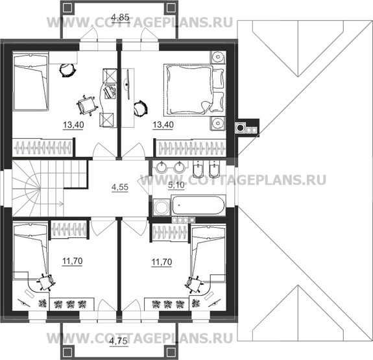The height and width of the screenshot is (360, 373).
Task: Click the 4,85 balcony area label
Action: point(121,17)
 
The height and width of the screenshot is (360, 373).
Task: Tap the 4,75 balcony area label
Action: point(119,342)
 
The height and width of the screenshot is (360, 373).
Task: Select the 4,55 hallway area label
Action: point(120,187)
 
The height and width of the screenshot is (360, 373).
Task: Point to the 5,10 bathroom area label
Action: point(176,185)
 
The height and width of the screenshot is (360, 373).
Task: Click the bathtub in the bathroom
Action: point(198,205)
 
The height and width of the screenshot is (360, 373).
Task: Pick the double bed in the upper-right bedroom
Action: point(194,90)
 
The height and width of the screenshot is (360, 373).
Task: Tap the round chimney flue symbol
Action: point(240,127)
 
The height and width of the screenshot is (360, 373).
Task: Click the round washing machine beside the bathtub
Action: point(162,207)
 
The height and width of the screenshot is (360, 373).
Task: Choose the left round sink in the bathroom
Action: point(162,167)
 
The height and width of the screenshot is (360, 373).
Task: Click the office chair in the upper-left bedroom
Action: point(86,106)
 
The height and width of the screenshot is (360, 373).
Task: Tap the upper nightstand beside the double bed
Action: point(217,57)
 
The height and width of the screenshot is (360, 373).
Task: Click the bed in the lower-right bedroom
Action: point(208,255)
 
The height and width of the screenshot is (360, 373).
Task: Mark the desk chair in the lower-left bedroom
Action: point(46,282)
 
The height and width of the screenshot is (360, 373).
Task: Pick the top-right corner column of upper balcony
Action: point(171,8)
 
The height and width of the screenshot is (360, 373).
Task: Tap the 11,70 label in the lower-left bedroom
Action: point(72,261)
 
